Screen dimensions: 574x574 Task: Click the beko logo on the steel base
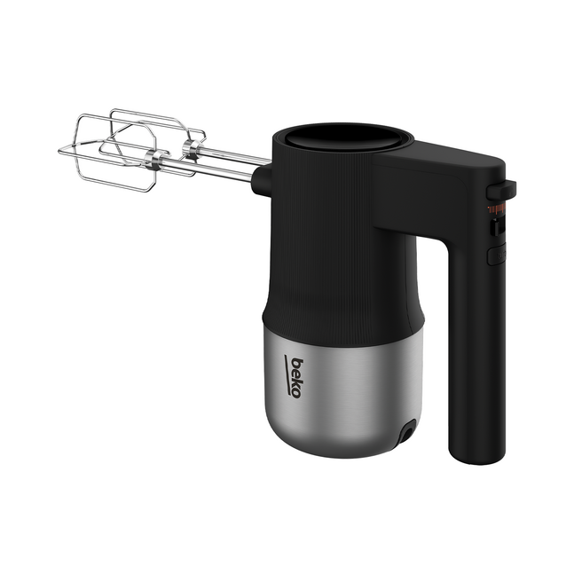294,377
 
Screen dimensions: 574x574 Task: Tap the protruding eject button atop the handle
501,190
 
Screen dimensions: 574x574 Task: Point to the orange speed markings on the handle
497,209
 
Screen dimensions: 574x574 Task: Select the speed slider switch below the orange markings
499,228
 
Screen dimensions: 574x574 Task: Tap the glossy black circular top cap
342,138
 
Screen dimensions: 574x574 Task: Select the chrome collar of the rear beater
193,148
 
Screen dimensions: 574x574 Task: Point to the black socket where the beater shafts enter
261,180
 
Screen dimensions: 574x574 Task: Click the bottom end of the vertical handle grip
477,462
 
